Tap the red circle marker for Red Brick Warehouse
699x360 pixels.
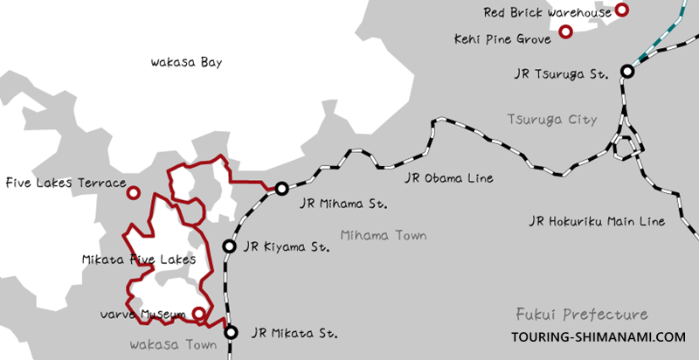tap(621, 10)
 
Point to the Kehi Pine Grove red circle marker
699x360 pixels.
tap(565, 32)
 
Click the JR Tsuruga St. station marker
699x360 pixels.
tap(628, 72)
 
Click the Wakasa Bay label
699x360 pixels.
tap(188, 63)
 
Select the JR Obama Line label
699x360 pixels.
tap(450, 178)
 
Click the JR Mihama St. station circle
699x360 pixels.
tap(281, 189)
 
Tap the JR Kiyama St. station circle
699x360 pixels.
tap(229, 247)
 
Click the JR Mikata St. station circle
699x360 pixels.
tap(231, 332)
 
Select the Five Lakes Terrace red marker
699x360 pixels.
tap(134, 192)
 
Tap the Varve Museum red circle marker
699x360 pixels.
tap(199, 314)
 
